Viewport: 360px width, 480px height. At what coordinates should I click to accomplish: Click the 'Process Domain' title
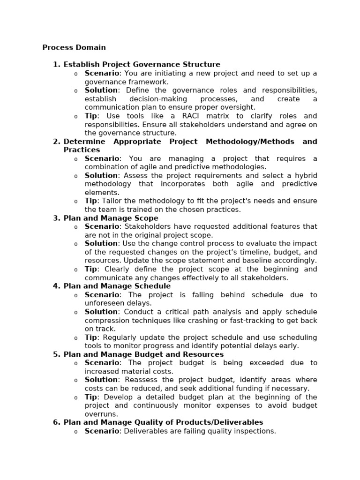click(x=74, y=47)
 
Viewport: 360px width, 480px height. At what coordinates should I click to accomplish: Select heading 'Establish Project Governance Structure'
click(x=142, y=64)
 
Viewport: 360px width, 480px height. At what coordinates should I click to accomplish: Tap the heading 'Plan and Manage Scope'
click(x=111, y=218)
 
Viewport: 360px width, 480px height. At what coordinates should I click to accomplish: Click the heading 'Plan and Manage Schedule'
click(x=117, y=286)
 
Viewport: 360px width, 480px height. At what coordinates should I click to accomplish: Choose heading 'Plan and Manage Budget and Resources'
click(x=143, y=354)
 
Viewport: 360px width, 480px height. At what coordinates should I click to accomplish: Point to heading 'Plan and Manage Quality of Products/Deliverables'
click(x=163, y=422)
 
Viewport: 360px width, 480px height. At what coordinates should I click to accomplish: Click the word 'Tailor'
click(x=113, y=201)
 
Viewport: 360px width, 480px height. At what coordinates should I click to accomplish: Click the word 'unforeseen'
click(x=104, y=303)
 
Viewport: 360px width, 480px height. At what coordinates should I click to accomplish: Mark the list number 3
click(x=56, y=218)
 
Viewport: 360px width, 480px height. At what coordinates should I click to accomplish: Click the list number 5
click(x=56, y=354)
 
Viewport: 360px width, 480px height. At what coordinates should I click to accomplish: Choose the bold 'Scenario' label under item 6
click(x=102, y=431)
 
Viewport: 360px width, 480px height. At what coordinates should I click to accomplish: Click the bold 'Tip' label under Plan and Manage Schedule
click(x=90, y=337)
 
